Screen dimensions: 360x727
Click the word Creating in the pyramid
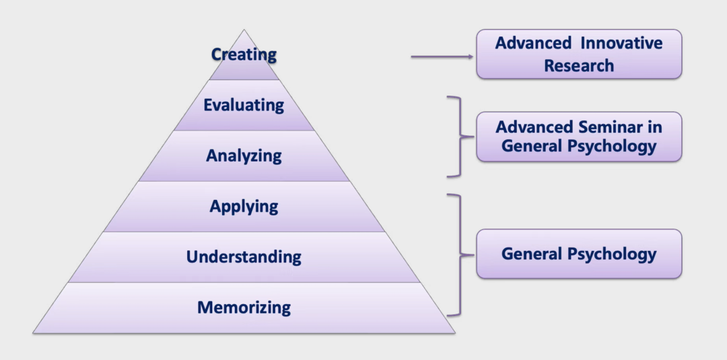[x=244, y=55]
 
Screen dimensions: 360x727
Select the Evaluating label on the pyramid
[x=244, y=105]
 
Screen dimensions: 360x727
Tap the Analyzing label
[x=244, y=156]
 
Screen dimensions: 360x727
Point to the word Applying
[x=244, y=206]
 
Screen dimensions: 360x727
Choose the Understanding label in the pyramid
[x=244, y=256]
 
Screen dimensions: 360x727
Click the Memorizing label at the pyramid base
[x=244, y=308]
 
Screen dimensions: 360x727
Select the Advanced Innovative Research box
[x=579, y=55]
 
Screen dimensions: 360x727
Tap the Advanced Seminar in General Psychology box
[x=579, y=137]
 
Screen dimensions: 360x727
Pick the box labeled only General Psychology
[x=579, y=254]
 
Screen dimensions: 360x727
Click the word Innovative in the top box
[x=622, y=44]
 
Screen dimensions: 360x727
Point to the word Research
[x=579, y=66]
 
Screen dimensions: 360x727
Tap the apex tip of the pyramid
[x=244, y=31]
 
